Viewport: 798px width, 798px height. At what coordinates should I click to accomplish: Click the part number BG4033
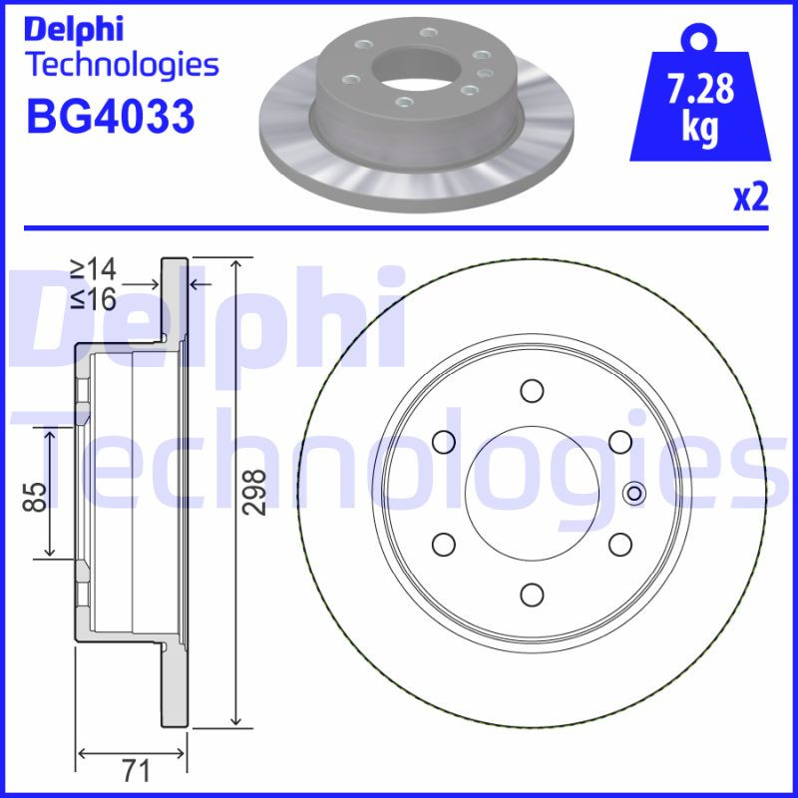(110, 116)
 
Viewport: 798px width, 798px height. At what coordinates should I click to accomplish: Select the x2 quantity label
(750, 199)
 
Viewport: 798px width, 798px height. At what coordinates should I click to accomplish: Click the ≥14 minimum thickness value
(93, 268)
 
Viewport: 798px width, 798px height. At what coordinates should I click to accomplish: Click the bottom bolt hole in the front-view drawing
(532, 595)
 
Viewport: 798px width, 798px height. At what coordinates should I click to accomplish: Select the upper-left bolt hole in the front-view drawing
(443, 441)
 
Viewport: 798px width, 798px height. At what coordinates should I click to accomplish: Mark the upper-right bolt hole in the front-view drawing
(620, 441)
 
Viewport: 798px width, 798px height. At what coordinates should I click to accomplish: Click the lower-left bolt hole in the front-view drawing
(443, 544)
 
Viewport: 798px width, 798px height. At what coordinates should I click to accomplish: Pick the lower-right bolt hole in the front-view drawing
(620, 544)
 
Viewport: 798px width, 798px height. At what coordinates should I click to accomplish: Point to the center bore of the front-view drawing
(532, 492)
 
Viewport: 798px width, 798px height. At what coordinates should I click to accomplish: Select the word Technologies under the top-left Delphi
(121, 66)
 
